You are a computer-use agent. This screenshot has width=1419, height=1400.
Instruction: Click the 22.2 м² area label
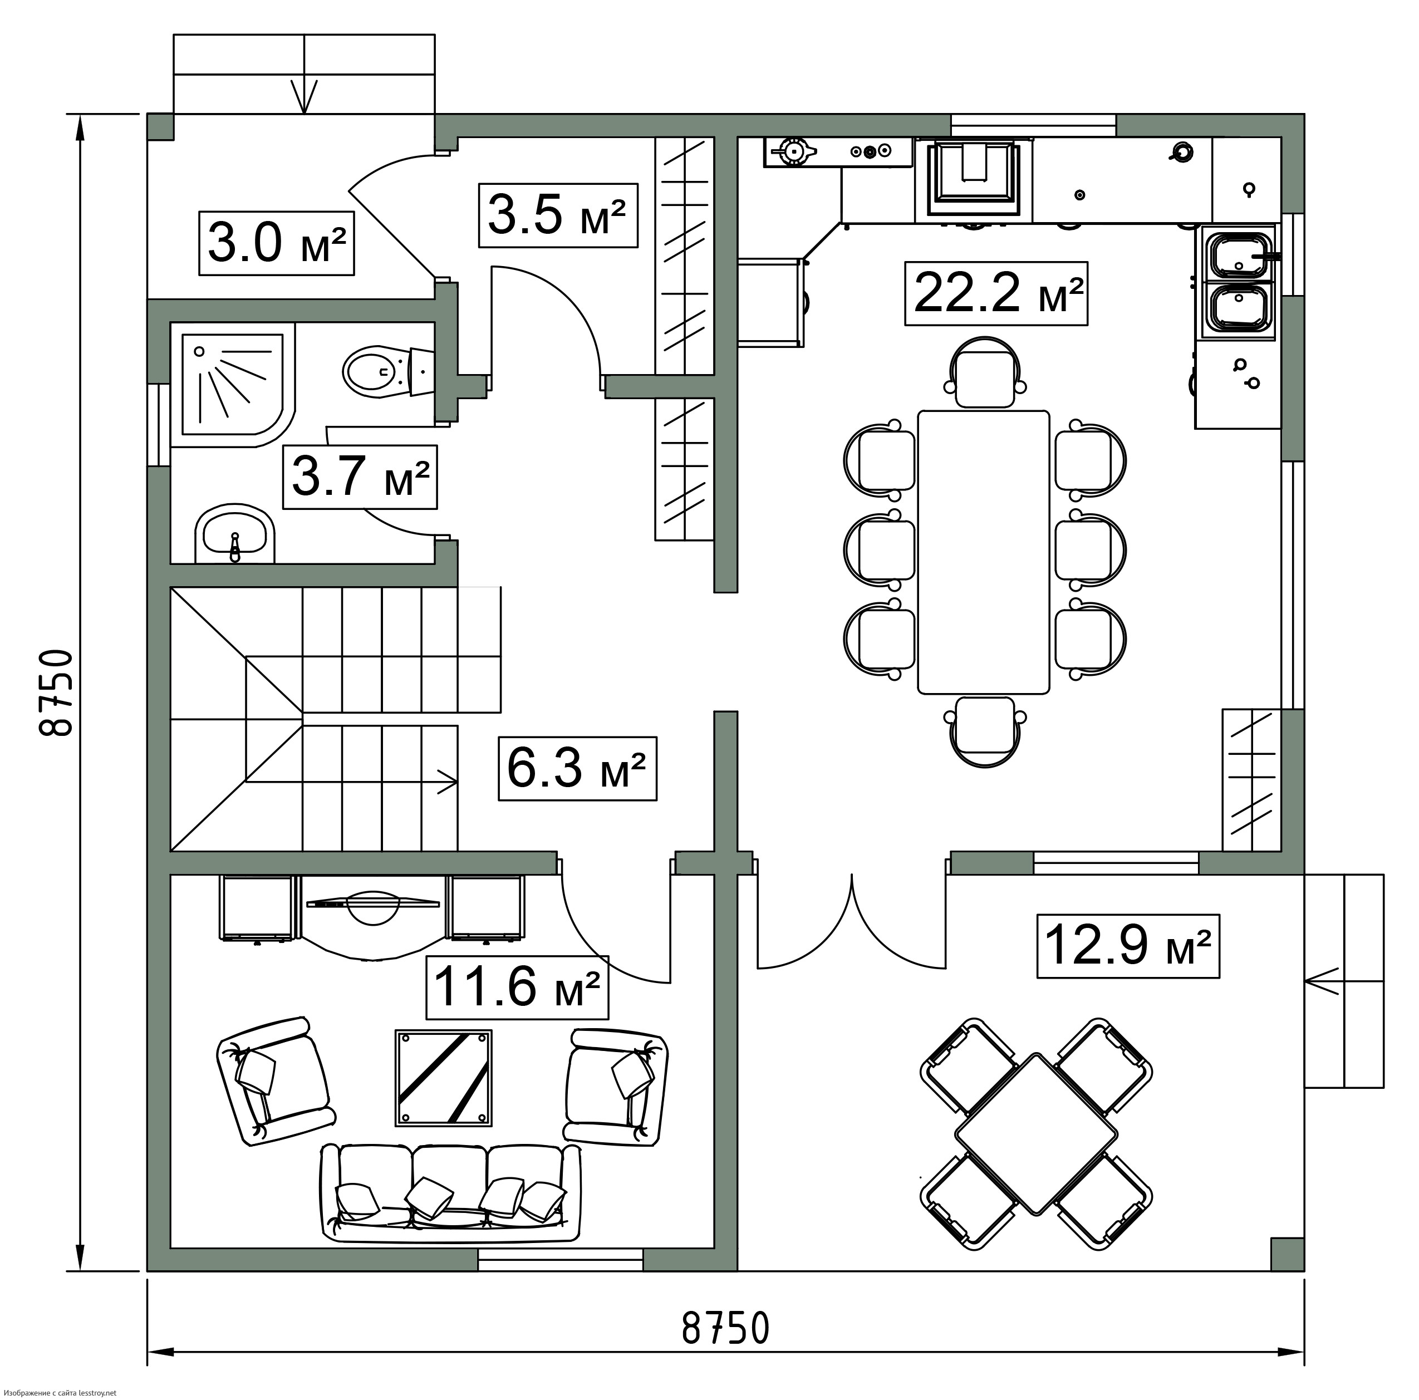coord(995,293)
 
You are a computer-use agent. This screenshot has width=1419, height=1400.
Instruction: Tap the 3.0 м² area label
coord(276,243)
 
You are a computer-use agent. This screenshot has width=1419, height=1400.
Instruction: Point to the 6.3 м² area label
coord(577,768)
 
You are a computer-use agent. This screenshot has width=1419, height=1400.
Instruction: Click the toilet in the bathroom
coord(389,373)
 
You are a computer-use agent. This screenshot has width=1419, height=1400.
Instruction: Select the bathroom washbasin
coord(234,534)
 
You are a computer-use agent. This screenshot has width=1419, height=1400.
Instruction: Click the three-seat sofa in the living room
coord(450,1193)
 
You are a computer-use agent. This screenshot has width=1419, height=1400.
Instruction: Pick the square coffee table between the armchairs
coord(444,1078)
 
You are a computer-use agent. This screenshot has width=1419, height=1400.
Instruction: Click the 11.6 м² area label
coord(517,986)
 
